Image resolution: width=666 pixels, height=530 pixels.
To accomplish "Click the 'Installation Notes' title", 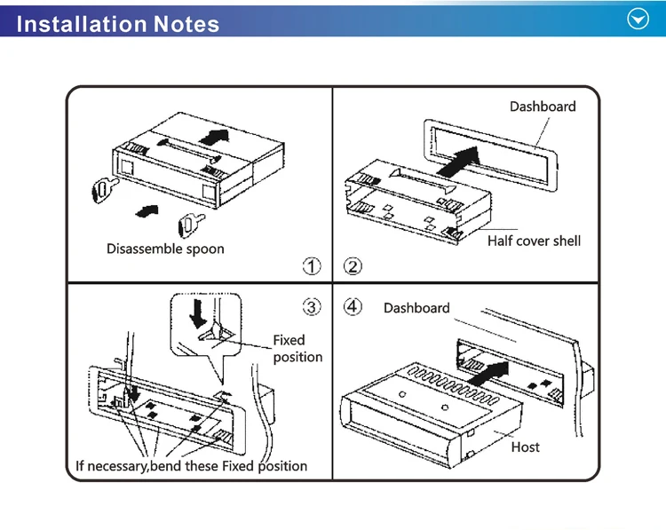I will [118, 24].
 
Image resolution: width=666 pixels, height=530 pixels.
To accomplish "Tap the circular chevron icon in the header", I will [638, 20].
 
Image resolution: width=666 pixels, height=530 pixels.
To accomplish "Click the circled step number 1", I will [312, 265].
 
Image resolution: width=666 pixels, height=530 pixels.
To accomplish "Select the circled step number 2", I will [353, 265].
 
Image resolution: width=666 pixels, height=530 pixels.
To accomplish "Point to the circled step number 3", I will [312, 307].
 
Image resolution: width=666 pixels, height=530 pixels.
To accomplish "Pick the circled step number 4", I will [353, 307].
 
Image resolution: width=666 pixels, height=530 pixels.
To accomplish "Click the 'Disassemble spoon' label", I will [165, 249].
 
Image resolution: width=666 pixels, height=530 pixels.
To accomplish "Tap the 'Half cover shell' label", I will [534, 241].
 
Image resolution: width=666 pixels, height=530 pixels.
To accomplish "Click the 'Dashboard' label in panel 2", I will [542, 107].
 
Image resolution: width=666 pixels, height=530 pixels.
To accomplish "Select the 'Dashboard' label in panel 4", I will [416, 308].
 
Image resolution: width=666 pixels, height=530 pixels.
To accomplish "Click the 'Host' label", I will [525, 447].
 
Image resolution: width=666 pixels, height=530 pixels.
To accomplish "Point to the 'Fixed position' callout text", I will [297, 348].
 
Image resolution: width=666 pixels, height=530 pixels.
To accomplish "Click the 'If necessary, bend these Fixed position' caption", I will [191, 465].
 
